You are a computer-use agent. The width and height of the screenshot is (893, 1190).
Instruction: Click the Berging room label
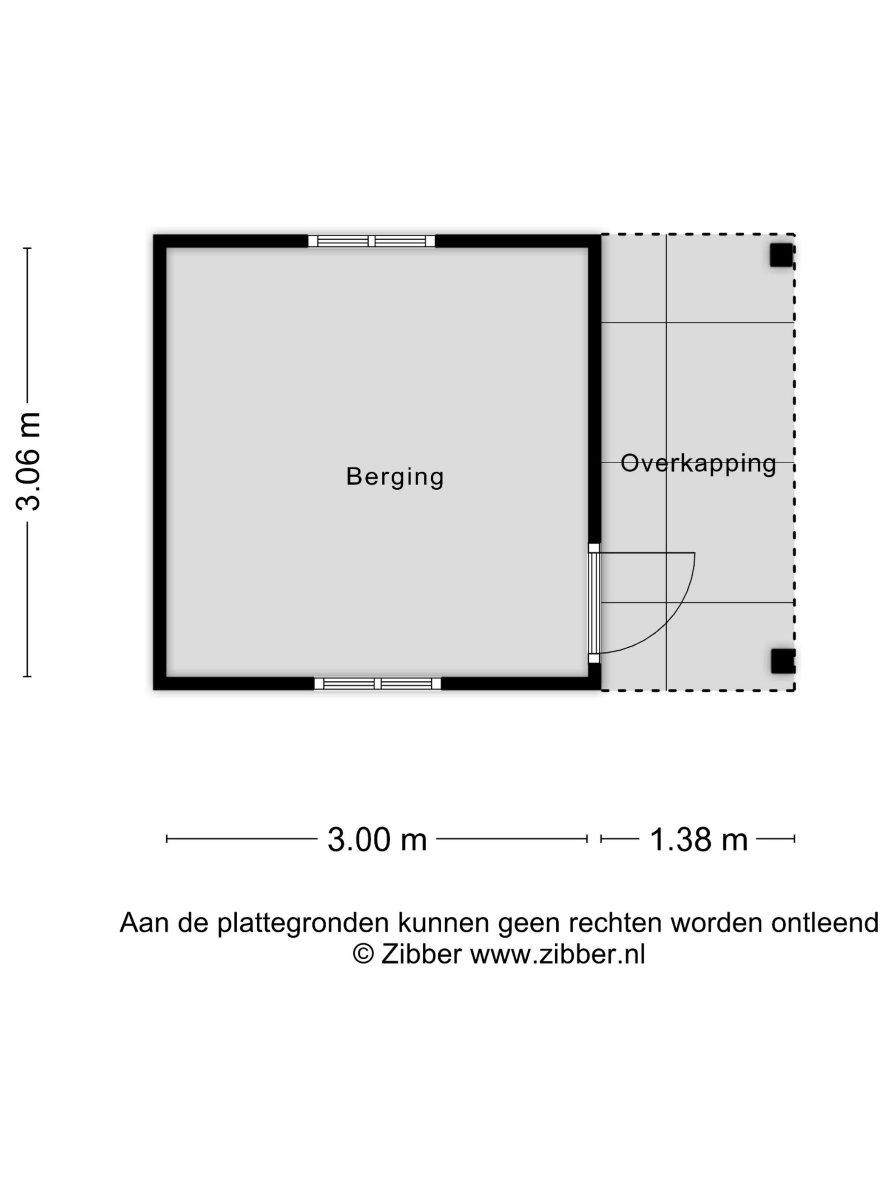(395, 477)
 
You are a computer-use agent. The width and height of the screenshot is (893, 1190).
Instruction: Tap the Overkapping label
(698, 463)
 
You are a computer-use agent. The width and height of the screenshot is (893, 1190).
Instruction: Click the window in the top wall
(371, 241)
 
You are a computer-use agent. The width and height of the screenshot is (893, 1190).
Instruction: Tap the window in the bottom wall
(377, 684)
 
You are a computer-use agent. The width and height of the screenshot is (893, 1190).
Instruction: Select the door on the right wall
(594, 603)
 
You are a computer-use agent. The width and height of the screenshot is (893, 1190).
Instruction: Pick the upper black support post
(782, 255)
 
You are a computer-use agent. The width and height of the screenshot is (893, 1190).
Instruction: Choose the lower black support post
(783, 661)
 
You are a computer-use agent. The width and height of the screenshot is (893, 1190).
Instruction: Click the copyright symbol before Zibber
(363, 954)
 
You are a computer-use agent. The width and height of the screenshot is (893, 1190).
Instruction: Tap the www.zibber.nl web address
(557, 954)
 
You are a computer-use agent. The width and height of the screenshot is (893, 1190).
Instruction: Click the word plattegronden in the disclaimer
(303, 922)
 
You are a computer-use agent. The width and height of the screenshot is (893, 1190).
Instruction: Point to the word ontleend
(825, 922)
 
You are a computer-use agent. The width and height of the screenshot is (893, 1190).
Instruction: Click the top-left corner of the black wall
(154, 235)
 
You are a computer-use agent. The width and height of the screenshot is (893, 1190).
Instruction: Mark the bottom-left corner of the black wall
(154, 690)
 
